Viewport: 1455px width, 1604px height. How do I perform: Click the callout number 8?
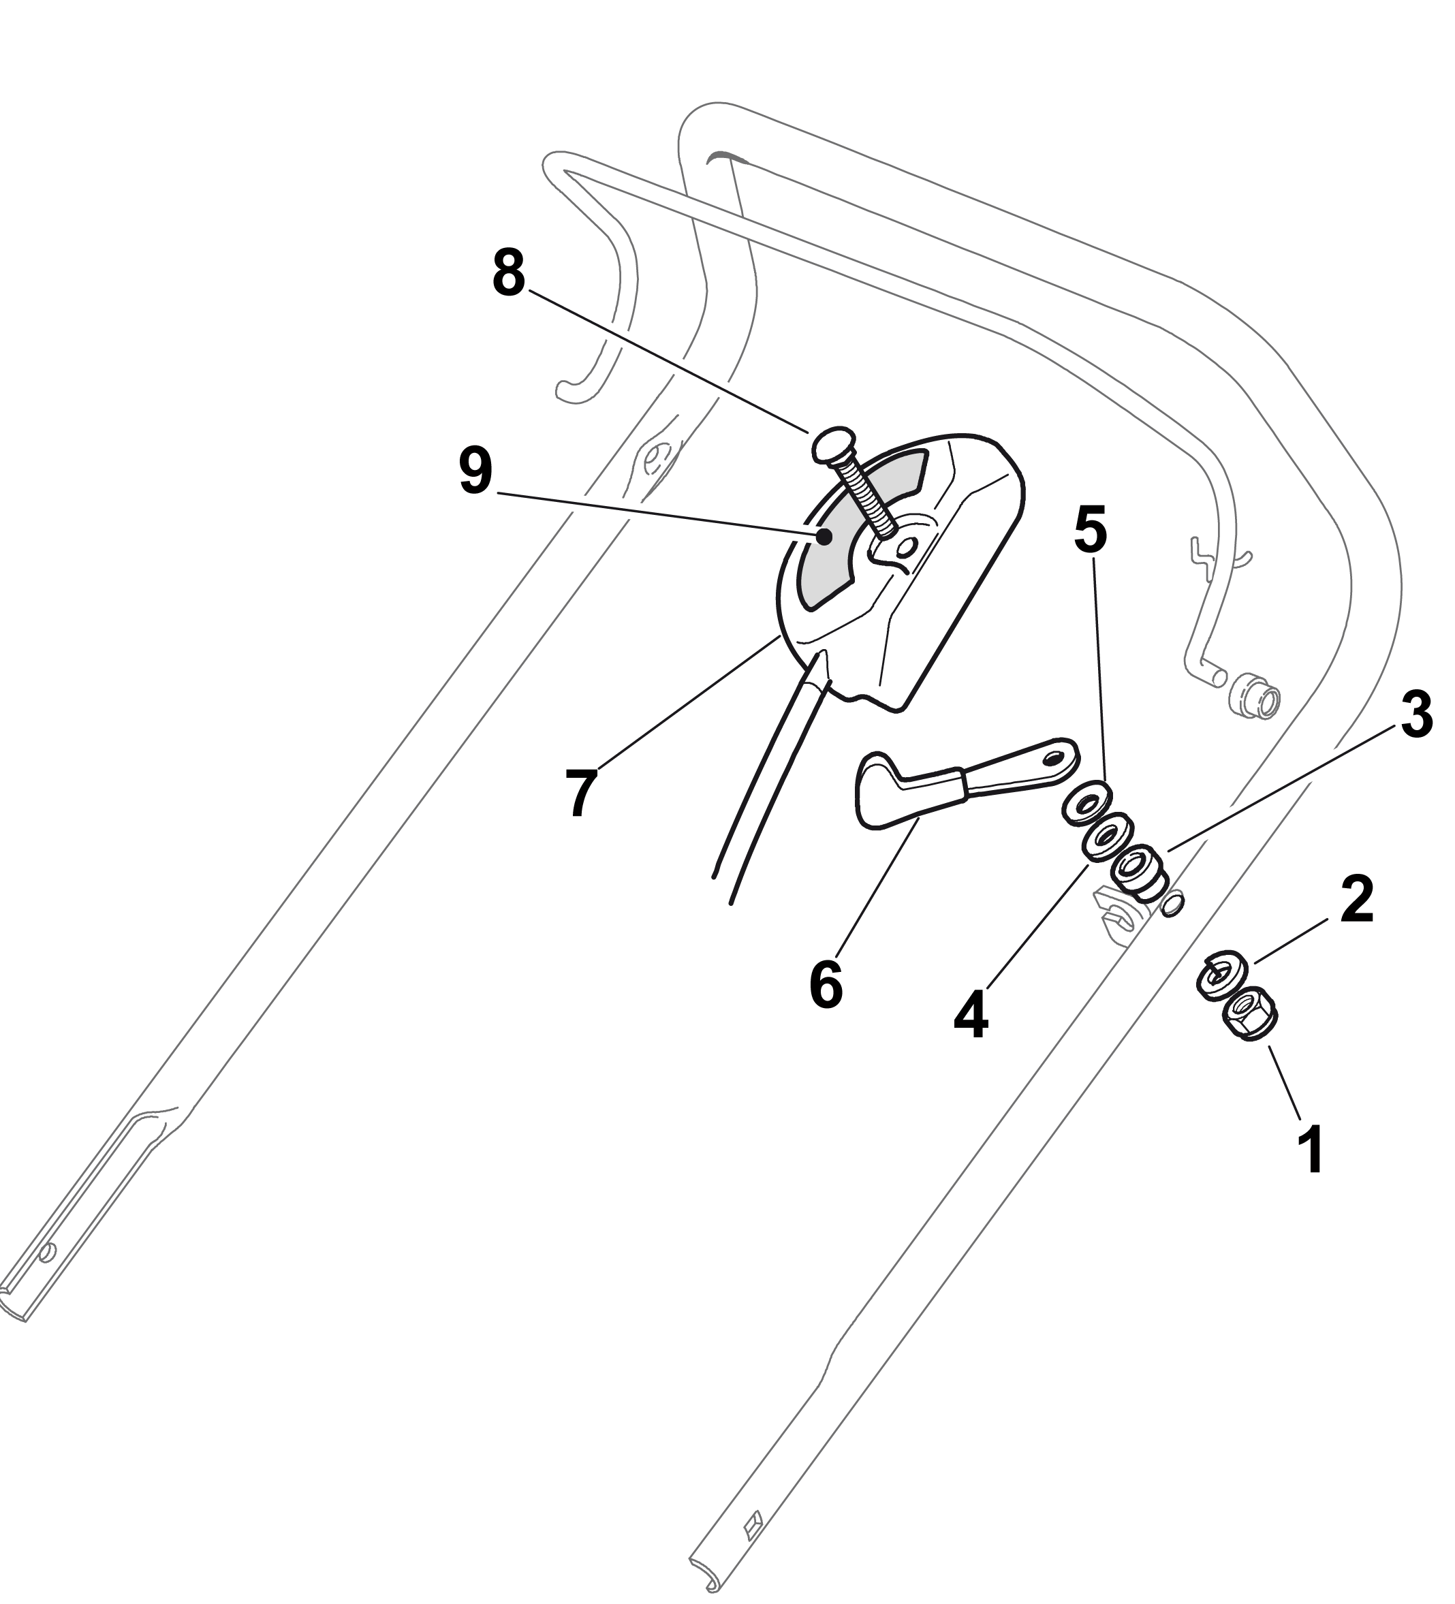click(x=509, y=273)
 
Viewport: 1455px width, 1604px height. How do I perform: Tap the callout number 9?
click(x=475, y=471)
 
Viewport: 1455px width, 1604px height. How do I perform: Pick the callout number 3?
click(x=1416, y=714)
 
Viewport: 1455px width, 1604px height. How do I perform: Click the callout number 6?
click(x=826, y=984)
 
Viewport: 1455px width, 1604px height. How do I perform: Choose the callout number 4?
click(x=971, y=1016)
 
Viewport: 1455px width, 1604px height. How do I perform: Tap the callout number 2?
click(x=1356, y=899)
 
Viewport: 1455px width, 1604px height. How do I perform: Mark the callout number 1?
click(x=1310, y=1150)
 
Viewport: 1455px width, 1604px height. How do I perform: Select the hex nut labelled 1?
click(x=1247, y=1012)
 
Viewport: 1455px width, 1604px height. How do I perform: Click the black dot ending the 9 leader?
click(x=824, y=538)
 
